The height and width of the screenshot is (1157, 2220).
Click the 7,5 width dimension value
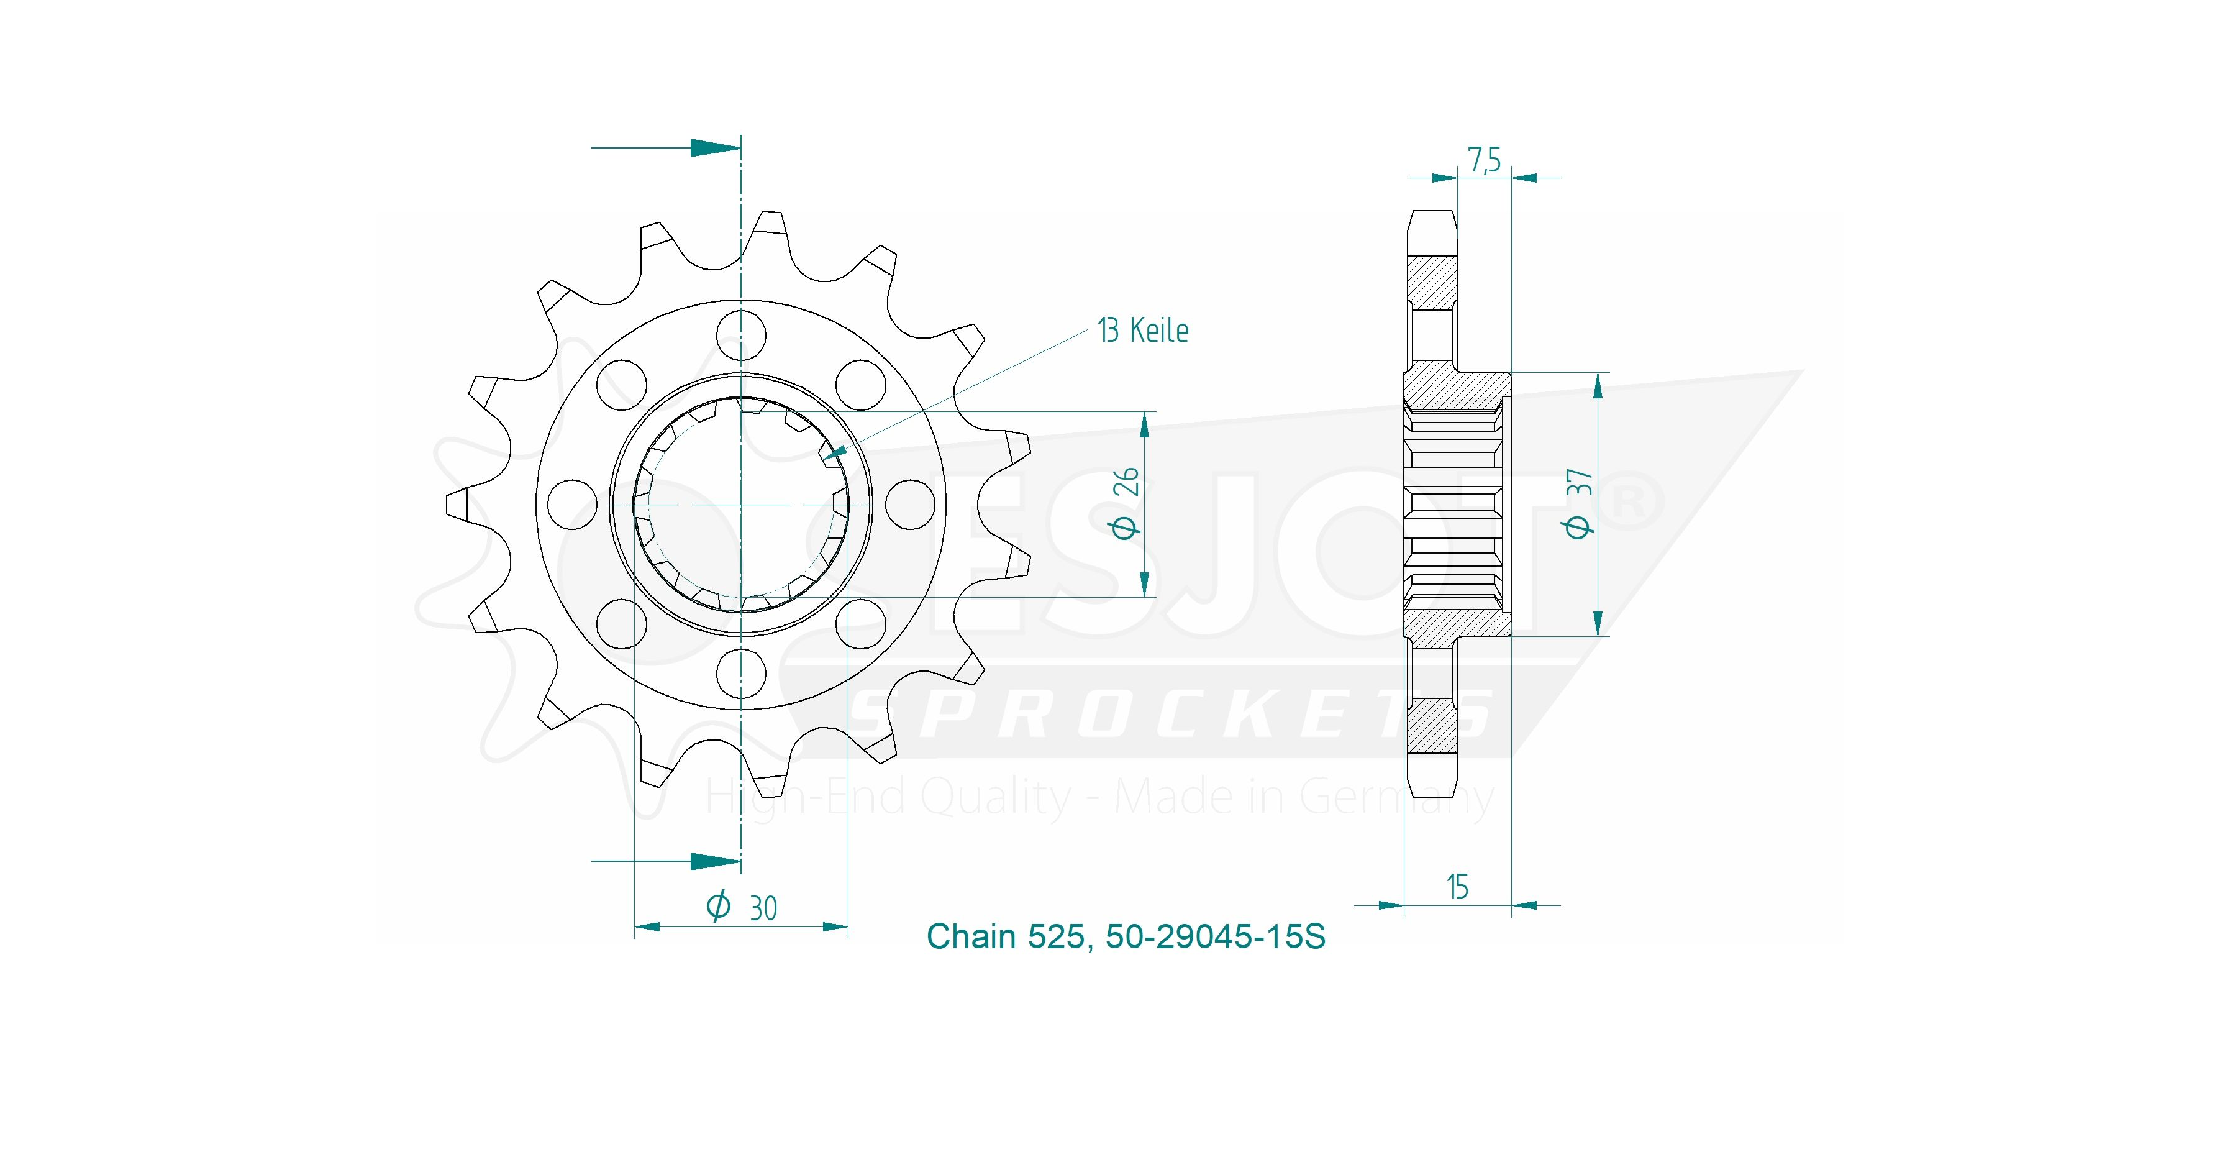click(x=1484, y=160)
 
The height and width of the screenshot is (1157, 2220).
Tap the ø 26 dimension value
click(x=1126, y=503)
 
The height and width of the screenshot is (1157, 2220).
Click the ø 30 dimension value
click(x=741, y=907)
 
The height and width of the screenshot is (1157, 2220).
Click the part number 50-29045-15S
click(x=1215, y=936)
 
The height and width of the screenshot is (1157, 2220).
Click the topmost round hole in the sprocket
click(x=741, y=334)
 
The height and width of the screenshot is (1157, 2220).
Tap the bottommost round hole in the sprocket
click(x=741, y=674)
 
